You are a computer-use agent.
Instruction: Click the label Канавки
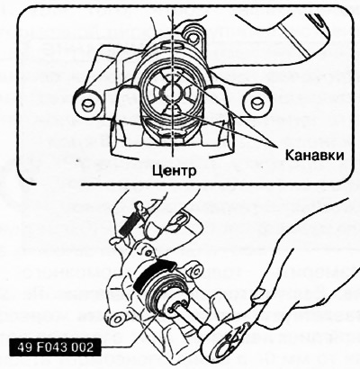(314, 156)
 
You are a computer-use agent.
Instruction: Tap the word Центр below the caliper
(175, 171)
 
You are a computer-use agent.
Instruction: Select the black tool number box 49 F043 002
(56, 347)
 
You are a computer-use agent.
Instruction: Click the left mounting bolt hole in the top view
(87, 103)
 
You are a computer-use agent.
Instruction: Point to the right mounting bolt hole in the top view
(256, 103)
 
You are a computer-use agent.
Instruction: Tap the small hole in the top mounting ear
(193, 36)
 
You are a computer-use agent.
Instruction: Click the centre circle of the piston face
(171, 92)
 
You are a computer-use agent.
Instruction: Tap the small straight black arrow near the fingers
(129, 224)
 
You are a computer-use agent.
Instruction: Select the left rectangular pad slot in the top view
(129, 107)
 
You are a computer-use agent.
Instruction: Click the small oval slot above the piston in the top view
(172, 46)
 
